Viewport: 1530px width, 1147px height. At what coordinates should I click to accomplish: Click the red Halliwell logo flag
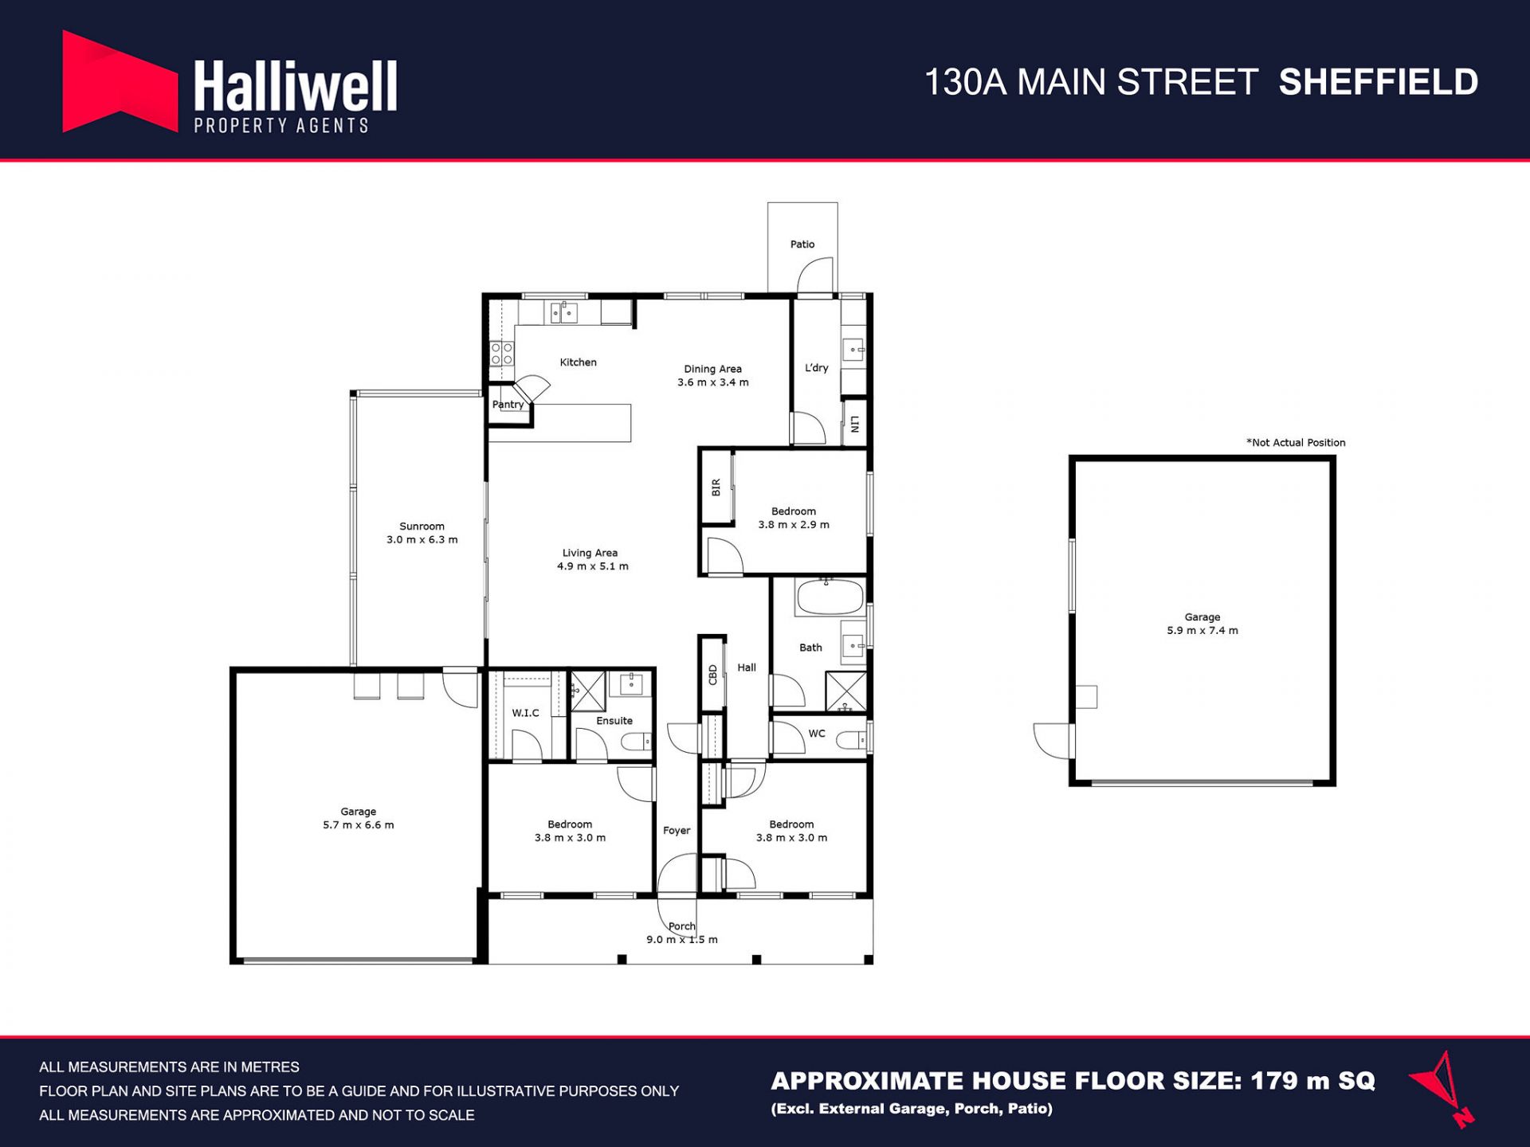click(120, 82)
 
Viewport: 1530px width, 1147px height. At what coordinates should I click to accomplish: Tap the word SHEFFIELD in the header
click(1379, 82)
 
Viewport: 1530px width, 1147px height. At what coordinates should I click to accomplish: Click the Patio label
click(802, 245)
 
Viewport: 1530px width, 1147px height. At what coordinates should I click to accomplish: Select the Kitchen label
click(578, 362)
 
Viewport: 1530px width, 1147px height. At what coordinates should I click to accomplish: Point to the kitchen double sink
click(564, 312)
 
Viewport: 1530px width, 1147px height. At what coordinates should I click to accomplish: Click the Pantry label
click(508, 405)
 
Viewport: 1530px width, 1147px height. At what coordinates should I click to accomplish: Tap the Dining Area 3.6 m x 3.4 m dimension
click(713, 382)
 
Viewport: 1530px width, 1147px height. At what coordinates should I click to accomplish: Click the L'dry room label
click(817, 368)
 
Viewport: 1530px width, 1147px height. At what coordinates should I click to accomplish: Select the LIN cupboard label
click(854, 424)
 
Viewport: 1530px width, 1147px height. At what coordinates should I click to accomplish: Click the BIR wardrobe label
click(716, 487)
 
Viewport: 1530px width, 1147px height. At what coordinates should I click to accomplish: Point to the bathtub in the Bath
click(830, 597)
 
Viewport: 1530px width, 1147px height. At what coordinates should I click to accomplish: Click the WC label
click(817, 734)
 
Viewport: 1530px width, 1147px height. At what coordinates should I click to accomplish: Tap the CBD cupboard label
click(713, 675)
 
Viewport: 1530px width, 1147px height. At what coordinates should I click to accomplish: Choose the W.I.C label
click(525, 713)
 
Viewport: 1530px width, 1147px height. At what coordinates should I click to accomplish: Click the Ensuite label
click(614, 721)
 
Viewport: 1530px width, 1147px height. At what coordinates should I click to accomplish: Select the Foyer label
click(677, 831)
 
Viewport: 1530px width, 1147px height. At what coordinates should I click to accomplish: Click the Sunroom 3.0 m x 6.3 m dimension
click(422, 540)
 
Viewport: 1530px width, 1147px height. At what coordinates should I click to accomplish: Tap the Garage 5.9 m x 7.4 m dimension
click(1202, 631)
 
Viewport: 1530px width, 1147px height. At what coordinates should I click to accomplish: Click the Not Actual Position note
click(1296, 443)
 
